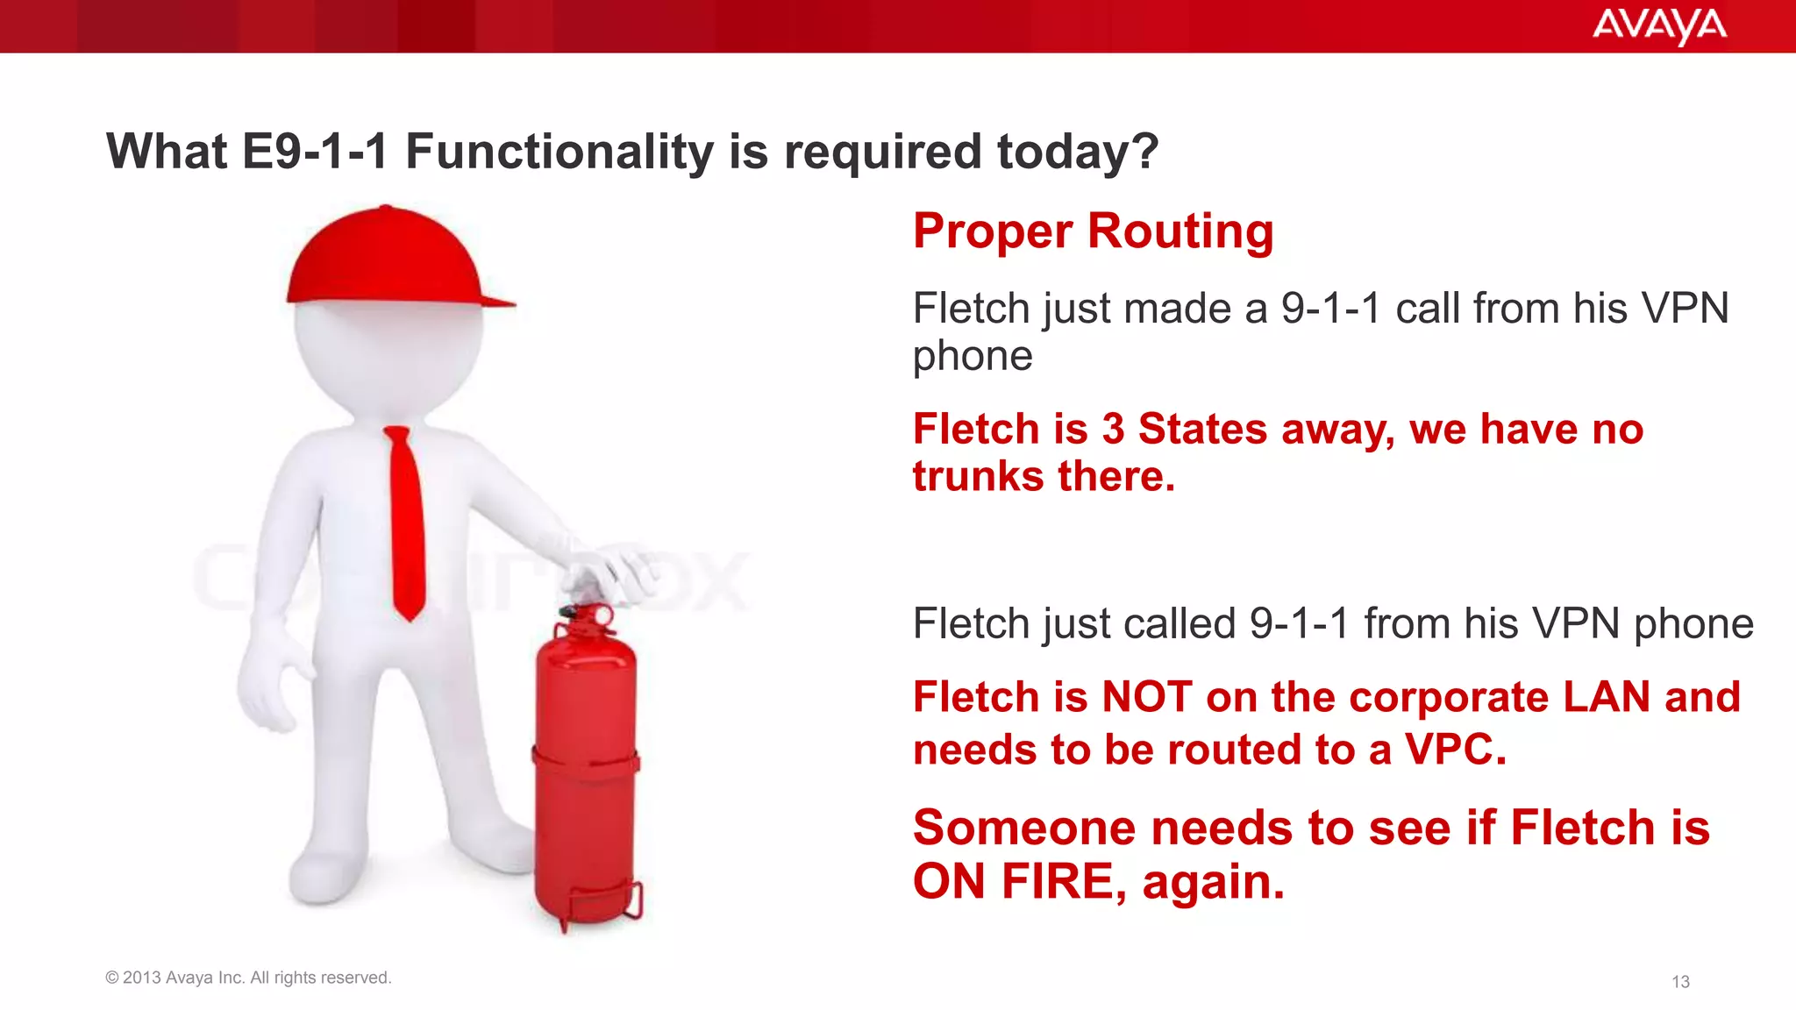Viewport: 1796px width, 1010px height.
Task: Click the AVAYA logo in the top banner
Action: (1658, 26)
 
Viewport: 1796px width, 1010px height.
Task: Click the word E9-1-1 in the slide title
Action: (315, 152)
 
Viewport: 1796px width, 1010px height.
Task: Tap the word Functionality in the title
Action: (559, 152)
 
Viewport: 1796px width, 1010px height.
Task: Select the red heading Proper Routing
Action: (1093, 231)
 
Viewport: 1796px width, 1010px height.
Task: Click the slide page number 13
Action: (1680, 982)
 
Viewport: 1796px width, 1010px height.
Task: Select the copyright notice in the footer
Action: (248, 978)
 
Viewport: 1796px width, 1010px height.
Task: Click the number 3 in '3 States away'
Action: (1113, 430)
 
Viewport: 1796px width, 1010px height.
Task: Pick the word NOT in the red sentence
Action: (1147, 698)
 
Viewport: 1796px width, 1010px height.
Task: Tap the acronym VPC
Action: (1455, 750)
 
